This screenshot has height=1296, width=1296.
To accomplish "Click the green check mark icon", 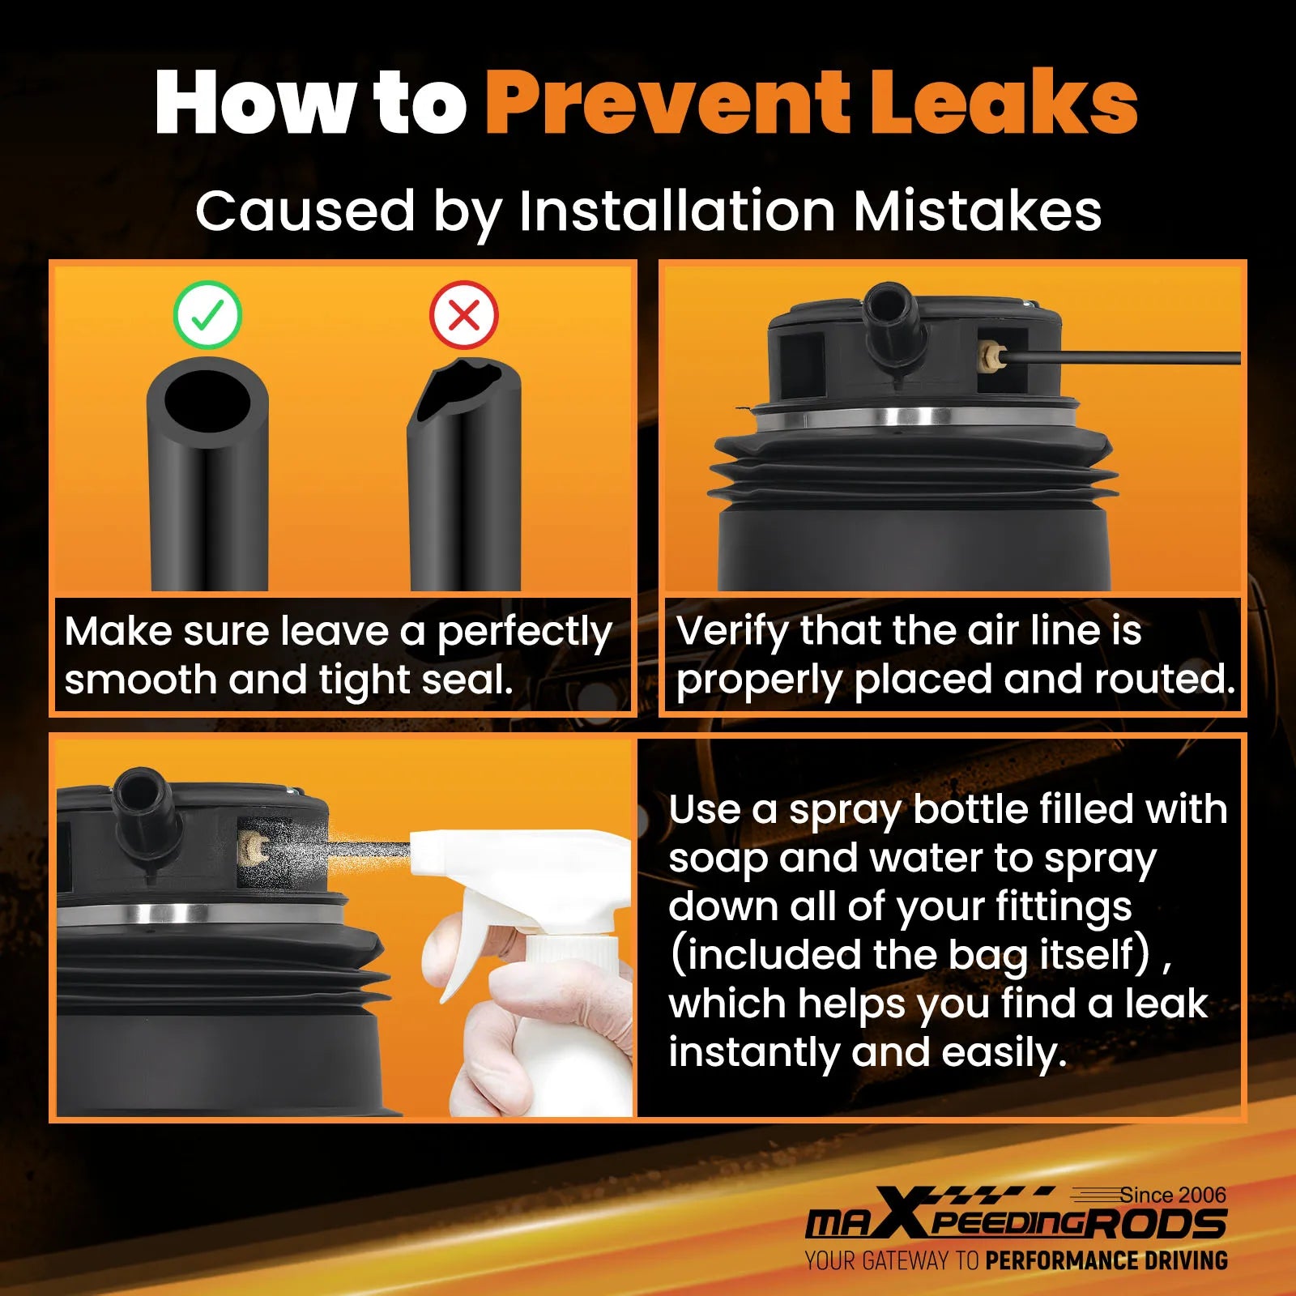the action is coord(207,315).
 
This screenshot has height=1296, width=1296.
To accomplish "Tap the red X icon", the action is coord(464,315).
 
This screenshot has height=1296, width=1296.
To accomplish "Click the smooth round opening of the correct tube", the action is coord(207,403).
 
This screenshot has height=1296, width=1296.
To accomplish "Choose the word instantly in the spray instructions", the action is coord(753,1053).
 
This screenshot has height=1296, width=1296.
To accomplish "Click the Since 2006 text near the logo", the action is coord(1173,1195).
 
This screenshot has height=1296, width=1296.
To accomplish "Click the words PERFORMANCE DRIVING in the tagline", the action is coord(1106,1261).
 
